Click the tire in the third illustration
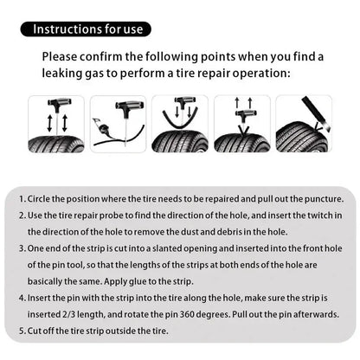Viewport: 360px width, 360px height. click(180, 142)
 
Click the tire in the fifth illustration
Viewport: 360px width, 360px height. click(299, 138)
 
